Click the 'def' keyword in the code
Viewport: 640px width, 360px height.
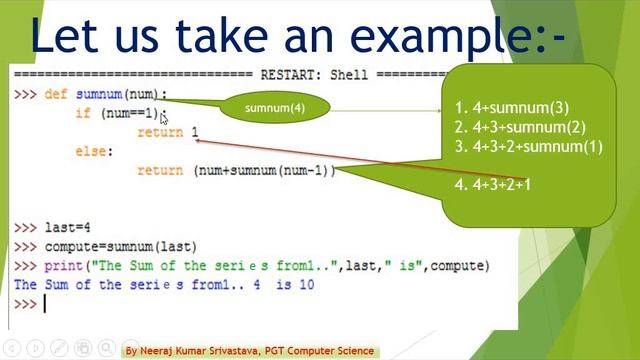[x=56, y=94]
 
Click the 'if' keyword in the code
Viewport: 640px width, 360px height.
[x=82, y=113]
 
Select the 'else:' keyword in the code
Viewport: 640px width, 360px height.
[x=94, y=151]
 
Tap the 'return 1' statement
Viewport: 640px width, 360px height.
[x=168, y=132]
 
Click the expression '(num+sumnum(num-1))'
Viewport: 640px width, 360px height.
[x=263, y=170]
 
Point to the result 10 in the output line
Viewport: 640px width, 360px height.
[x=305, y=285]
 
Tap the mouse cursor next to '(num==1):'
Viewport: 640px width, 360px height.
[x=165, y=118]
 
